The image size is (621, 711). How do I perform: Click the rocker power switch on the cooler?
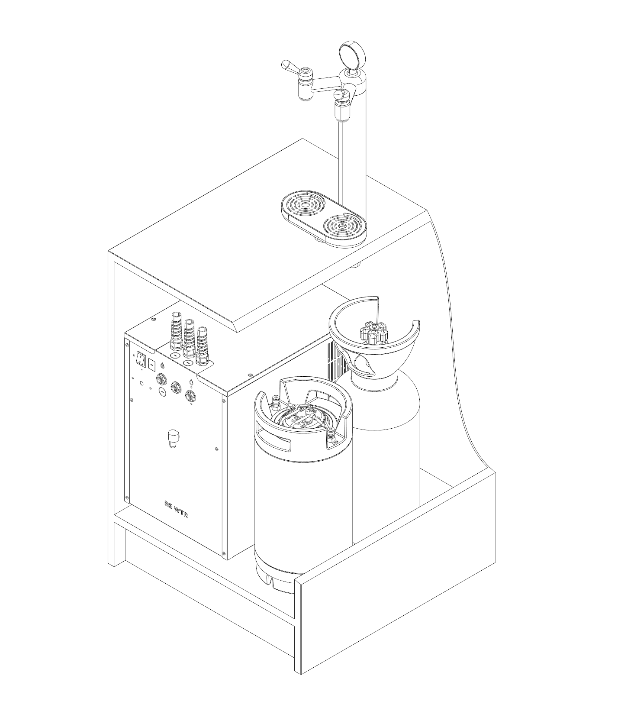coord(141,358)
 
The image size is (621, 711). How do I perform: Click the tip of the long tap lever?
coord(284,64)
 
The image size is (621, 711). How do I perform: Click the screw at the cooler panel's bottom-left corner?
coord(126,496)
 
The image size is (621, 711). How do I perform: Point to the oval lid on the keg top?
coord(303,418)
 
